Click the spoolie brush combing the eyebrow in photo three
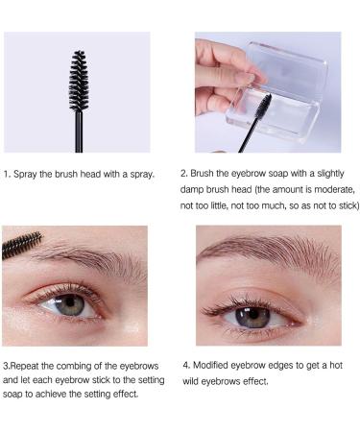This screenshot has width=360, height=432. tap(20, 244)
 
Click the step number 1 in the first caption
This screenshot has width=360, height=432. tap(7, 174)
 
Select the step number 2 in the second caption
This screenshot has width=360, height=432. tap(182, 174)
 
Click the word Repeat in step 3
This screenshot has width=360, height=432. tap(28, 365)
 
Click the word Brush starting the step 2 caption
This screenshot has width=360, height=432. tap(204, 174)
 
